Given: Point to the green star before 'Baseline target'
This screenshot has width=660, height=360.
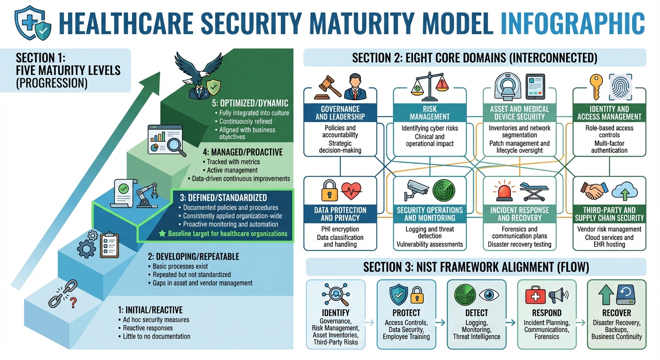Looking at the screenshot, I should [x=162, y=233].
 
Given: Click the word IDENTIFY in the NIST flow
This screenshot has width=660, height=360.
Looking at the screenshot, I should [x=336, y=313].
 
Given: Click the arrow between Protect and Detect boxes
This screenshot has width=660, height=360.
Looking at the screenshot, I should [x=440, y=322].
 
